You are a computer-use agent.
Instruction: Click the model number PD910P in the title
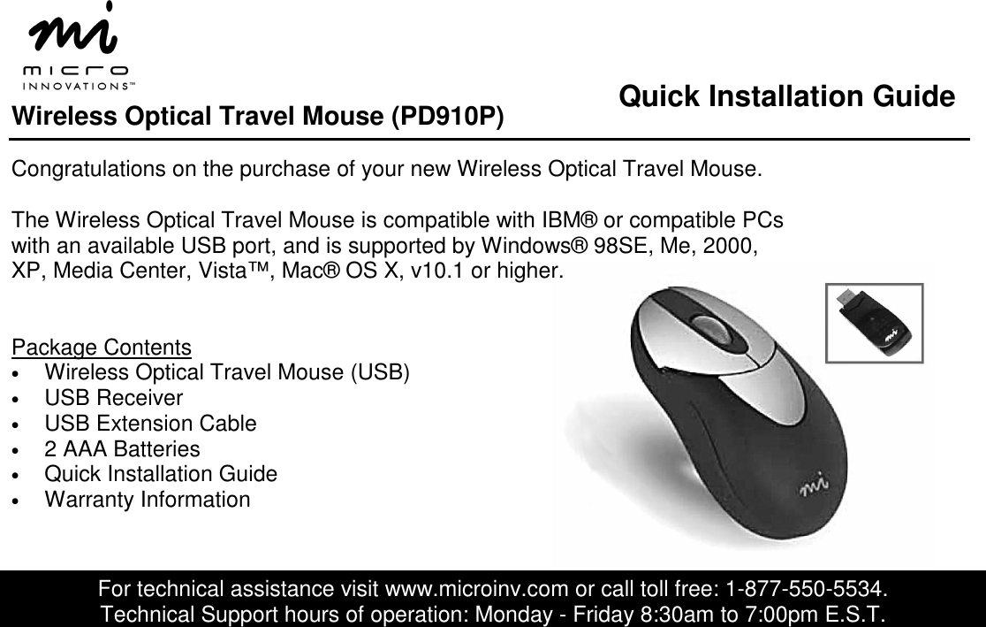[x=447, y=117]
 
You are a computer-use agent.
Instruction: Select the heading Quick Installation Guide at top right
[x=786, y=96]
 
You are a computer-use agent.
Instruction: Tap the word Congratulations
[x=88, y=169]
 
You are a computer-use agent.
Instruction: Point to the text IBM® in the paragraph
[x=569, y=220]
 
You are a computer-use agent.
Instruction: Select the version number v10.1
[x=437, y=271]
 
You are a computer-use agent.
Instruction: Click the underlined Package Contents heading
[x=102, y=348]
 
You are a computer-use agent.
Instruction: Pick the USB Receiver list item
[x=114, y=398]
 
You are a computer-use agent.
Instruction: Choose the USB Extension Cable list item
[x=150, y=423]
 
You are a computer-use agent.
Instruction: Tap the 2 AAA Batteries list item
[x=122, y=449]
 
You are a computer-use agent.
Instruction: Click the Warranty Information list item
[x=148, y=499]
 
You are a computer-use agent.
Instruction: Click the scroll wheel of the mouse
[x=712, y=329]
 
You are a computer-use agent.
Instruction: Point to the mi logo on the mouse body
[x=814, y=486]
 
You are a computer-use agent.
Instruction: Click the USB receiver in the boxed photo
[x=875, y=322]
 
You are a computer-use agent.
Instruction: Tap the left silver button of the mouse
[x=682, y=333]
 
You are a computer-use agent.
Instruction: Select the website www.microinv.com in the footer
[x=476, y=589]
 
